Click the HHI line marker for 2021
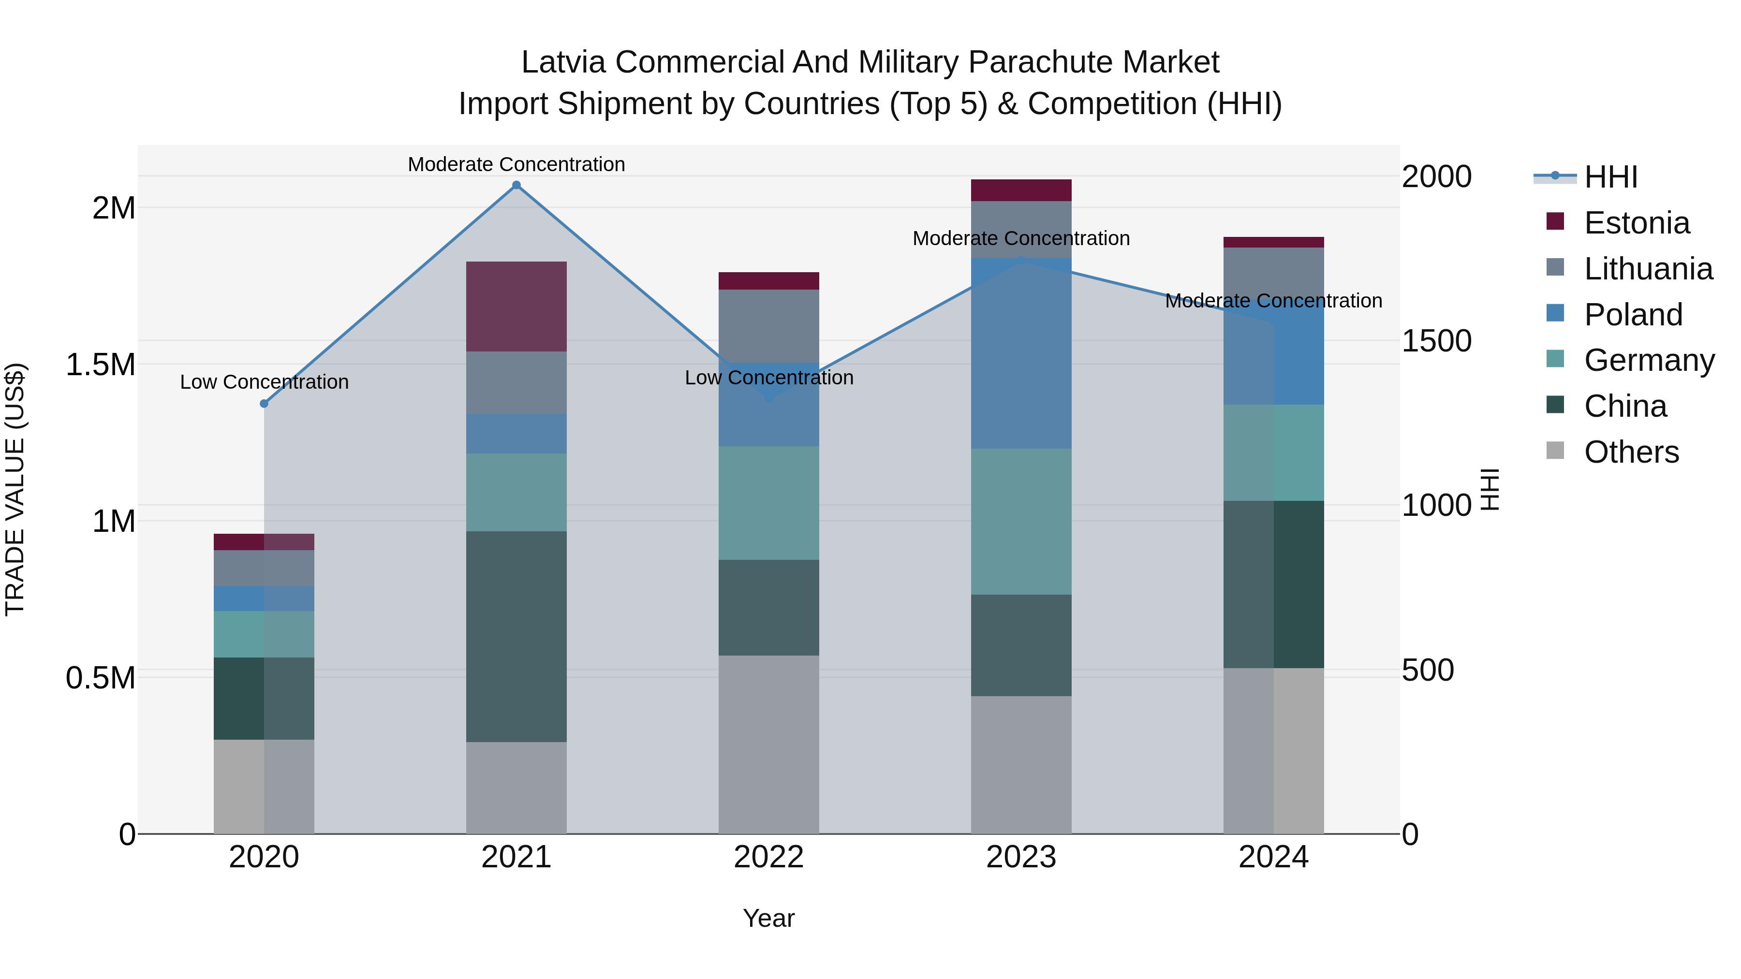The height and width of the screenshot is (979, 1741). (x=516, y=185)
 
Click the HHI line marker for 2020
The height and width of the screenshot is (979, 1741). (x=264, y=403)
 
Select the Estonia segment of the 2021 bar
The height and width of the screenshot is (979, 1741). (x=516, y=306)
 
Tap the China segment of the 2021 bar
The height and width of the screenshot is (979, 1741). (x=516, y=636)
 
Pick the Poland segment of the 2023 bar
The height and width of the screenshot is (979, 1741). (x=1021, y=353)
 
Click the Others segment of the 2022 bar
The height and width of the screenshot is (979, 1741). (x=768, y=744)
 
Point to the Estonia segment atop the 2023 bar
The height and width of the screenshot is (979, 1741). (x=1021, y=190)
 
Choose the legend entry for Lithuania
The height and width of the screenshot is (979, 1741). (x=1648, y=269)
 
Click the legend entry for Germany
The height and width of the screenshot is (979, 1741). (x=1649, y=360)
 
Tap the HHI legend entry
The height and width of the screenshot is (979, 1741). (x=1610, y=177)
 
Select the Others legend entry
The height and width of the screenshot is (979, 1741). (x=1631, y=452)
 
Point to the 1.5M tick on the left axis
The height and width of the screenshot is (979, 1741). (x=101, y=365)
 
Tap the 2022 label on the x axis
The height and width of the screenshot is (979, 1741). (x=768, y=857)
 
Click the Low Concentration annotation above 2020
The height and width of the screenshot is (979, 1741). (x=264, y=382)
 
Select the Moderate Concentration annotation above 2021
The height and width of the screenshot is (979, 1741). (x=516, y=164)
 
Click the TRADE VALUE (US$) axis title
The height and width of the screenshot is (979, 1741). (x=15, y=489)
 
